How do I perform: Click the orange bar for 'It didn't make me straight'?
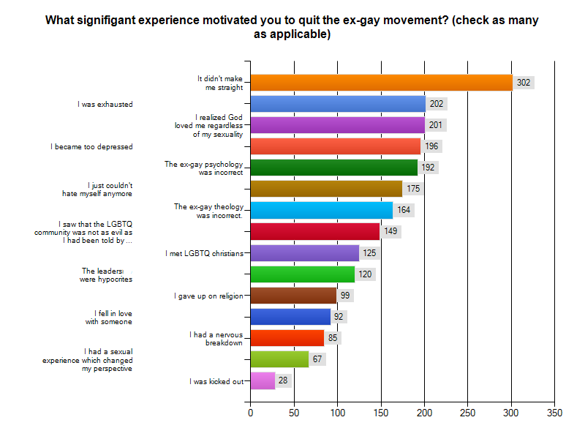coord(381,83)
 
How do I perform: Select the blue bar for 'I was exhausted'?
coord(338,104)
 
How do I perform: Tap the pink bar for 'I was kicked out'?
coord(263,380)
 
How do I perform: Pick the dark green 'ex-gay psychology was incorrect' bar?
coord(334,168)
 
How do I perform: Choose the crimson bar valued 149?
coord(315,231)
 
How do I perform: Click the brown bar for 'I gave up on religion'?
coord(293,296)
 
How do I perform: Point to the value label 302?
coord(524,83)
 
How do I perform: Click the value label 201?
coord(436,125)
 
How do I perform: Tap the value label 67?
coord(318,359)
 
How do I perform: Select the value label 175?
coord(413,189)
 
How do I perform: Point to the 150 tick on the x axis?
coord(381,413)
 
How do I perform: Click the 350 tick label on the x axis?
coord(554,413)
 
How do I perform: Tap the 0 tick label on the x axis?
coord(251,413)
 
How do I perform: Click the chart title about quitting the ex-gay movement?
coord(292,27)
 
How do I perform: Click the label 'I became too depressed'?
coord(92,146)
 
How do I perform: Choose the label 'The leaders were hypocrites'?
coord(107,274)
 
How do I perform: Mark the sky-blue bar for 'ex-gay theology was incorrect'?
coord(322,210)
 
